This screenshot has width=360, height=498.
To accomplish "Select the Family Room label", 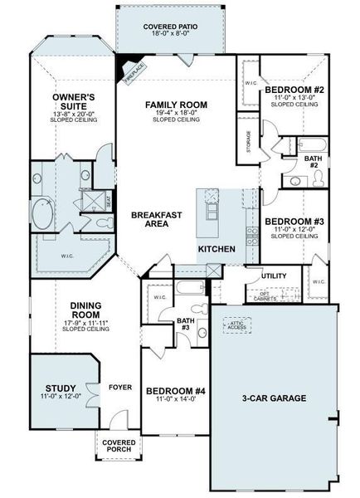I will (175, 105).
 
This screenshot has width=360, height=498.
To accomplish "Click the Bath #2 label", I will (311, 161).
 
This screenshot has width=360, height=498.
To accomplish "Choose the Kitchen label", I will (216, 249).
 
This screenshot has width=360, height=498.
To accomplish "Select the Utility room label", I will (274, 276).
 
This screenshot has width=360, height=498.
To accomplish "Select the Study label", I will (61, 388).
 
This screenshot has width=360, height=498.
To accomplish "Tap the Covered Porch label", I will (119, 447).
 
